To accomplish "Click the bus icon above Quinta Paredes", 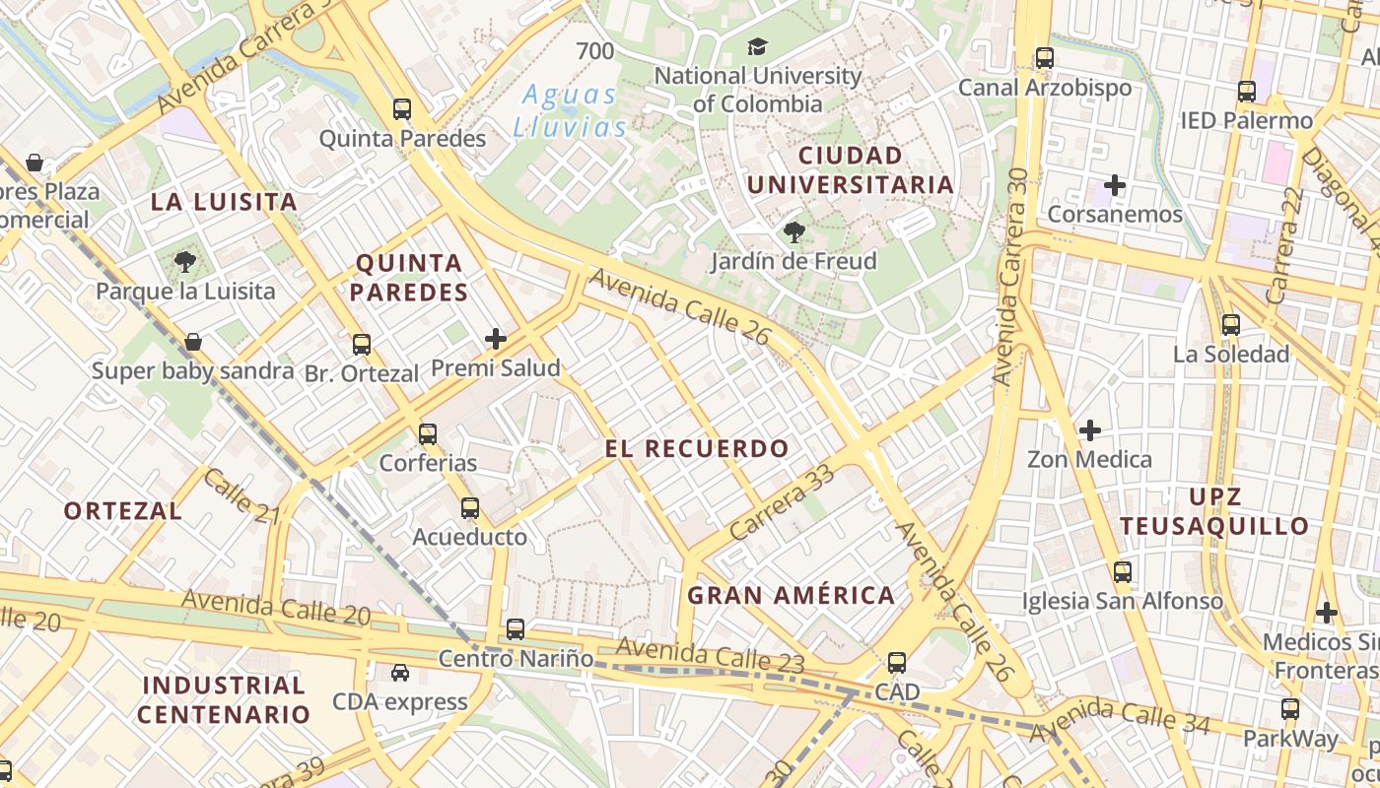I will pyautogui.click(x=402, y=109).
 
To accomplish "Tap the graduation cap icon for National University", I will pyautogui.click(x=757, y=46).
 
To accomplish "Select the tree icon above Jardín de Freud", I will pyautogui.click(x=793, y=232).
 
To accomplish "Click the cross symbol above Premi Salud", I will pyautogui.click(x=496, y=340).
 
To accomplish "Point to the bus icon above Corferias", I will pyautogui.click(x=428, y=433).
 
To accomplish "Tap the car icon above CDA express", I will pyautogui.click(x=400, y=673).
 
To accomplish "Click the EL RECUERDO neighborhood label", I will pyautogui.click(x=697, y=449).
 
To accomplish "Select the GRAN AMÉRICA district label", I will pyautogui.click(x=791, y=595).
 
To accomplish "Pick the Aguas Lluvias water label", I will pyautogui.click(x=570, y=111).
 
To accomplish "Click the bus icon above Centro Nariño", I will pyautogui.click(x=516, y=628).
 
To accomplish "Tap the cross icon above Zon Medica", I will pyautogui.click(x=1090, y=430).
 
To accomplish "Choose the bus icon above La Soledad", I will pyautogui.click(x=1231, y=325).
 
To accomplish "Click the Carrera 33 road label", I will pyautogui.click(x=784, y=502).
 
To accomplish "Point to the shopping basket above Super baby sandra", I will pyautogui.click(x=193, y=342).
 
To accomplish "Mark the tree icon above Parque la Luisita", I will pyautogui.click(x=184, y=262).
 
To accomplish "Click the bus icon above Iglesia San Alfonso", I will pyautogui.click(x=1123, y=572).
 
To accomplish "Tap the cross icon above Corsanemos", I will pyautogui.click(x=1115, y=185).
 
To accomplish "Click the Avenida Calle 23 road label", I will pyautogui.click(x=711, y=655).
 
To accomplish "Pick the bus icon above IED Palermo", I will pyautogui.click(x=1247, y=92).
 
